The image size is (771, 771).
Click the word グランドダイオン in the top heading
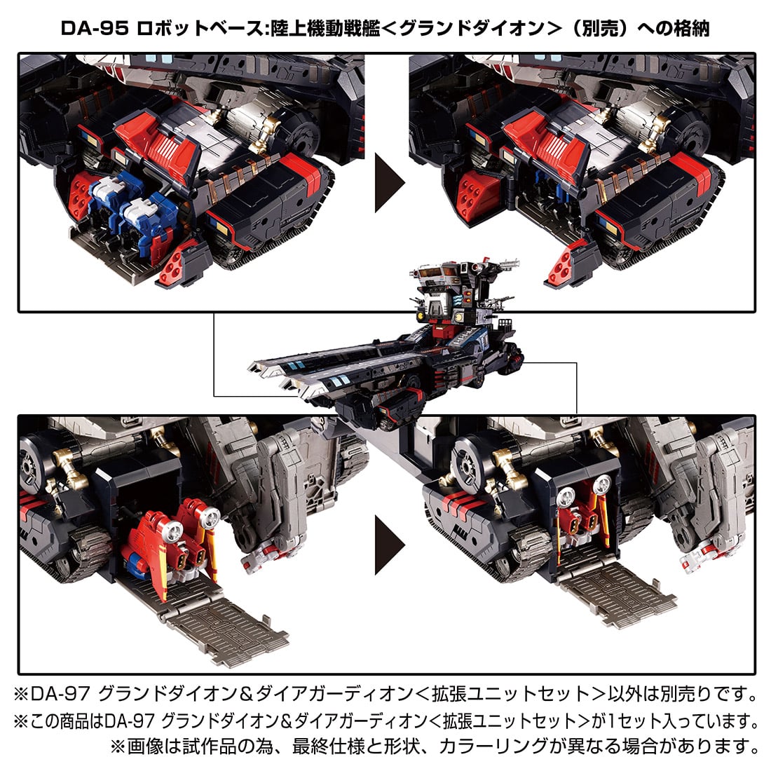pyautogui.click(x=477, y=29)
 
